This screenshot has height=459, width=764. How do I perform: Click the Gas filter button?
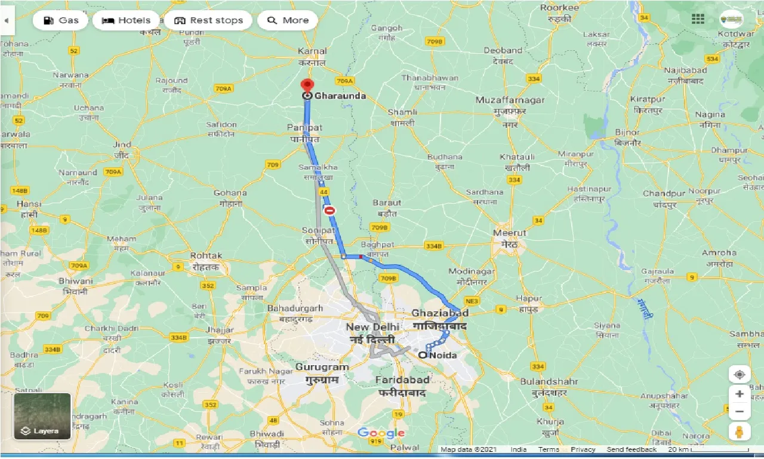coord(60,20)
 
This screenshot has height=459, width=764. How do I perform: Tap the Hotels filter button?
coord(126,20)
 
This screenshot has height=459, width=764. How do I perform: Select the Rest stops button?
coord(208,20)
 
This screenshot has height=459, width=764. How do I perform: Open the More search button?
coord(287,20)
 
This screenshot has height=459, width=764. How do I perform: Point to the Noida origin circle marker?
coord(423,356)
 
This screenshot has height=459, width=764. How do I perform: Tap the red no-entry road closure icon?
coord(329,210)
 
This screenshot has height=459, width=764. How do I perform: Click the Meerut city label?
coord(510,233)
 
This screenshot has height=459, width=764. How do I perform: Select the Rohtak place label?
coord(206,256)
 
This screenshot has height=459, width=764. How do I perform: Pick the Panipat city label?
coord(304,128)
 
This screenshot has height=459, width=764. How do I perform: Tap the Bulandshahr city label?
coord(549,381)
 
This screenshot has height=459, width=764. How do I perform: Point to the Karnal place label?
coord(313,51)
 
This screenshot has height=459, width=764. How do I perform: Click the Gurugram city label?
coord(322,366)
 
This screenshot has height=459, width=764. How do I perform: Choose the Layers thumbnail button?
coord(42,416)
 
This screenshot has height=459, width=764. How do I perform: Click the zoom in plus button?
coord(740,394)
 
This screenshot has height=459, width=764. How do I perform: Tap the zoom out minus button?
coord(740,411)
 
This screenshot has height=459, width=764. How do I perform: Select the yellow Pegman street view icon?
coord(740,432)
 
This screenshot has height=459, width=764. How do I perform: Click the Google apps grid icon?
coord(698,19)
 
